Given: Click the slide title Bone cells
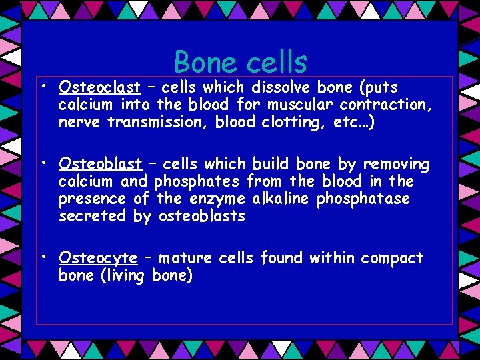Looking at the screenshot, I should pyautogui.click(x=240, y=63).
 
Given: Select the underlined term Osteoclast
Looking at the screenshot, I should pyautogui.click(x=99, y=87).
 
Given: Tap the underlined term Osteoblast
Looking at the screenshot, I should pyautogui.click(x=100, y=164).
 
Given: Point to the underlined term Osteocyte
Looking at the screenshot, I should pyautogui.click(x=98, y=258).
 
